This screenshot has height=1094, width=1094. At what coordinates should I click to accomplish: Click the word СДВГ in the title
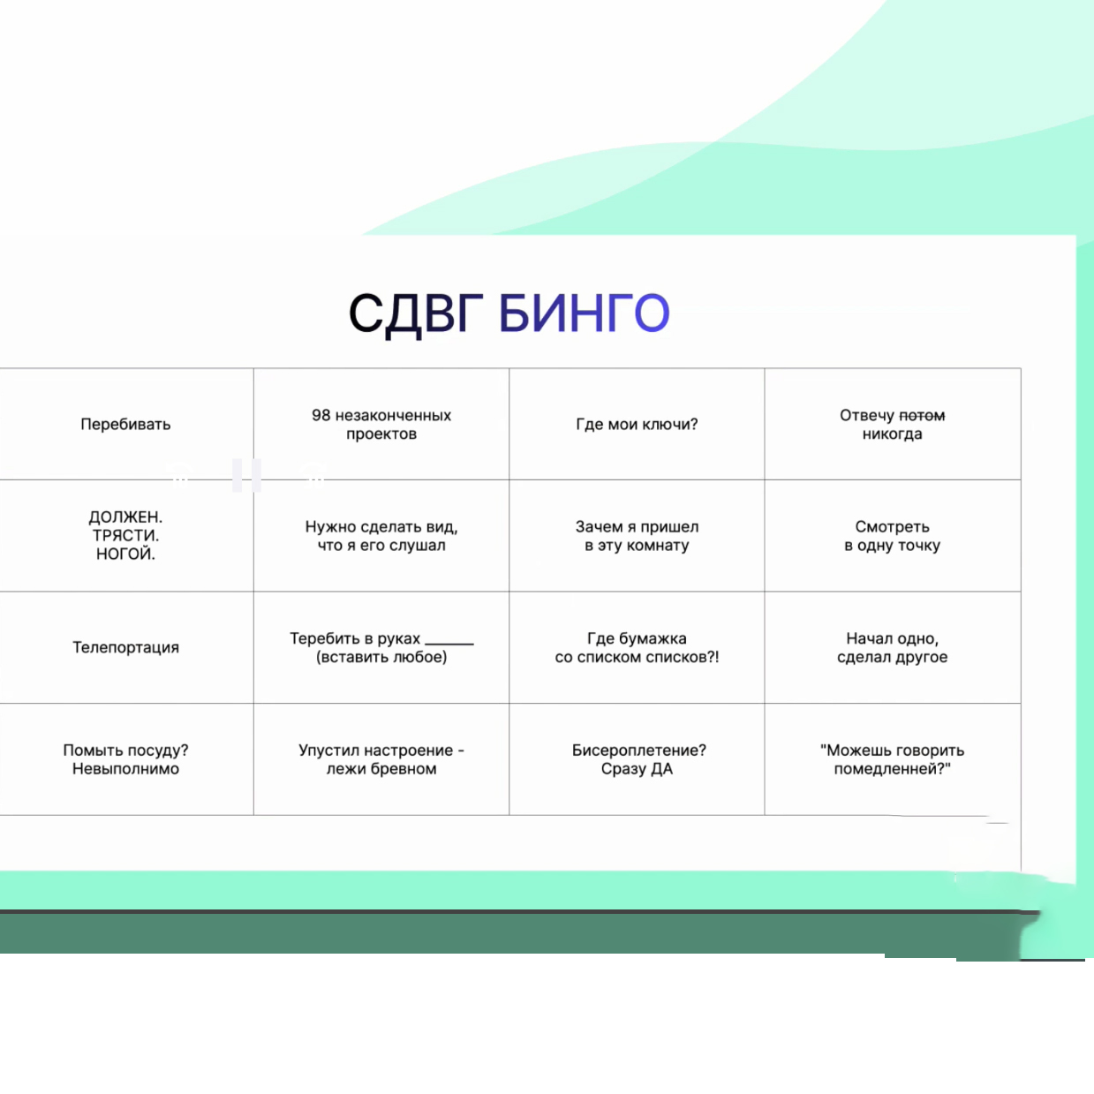tap(416, 314)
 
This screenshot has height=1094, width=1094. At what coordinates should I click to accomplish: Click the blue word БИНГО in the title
tap(585, 313)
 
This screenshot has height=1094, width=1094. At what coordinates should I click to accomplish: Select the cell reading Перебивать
tap(125, 424)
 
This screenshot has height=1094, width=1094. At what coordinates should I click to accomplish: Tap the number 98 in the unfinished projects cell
tap(321, 415)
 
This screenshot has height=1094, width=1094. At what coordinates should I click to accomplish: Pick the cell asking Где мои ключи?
tap(637, 424)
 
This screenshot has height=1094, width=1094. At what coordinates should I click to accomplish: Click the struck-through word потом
tap(922, 416)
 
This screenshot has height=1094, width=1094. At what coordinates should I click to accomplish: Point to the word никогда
tap(893, 434)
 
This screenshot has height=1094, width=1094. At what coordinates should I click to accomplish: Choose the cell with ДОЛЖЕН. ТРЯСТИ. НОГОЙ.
tap(125, 535)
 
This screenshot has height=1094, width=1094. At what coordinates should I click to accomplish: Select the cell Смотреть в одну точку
tap(893, 535)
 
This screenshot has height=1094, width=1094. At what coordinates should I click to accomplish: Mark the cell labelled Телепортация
tap(125, 647)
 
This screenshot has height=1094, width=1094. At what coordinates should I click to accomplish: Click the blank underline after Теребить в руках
tap(449, 644)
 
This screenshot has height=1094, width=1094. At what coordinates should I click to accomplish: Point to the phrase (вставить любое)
tap(381, 657)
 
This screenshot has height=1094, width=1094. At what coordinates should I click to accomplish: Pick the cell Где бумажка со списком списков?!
tap(637, 647)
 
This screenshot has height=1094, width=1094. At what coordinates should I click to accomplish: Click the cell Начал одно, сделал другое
tap(893, 647)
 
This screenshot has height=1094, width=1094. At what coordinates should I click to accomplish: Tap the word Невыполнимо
tap(125, 769)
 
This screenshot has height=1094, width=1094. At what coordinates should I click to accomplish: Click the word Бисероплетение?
tap(639, 751)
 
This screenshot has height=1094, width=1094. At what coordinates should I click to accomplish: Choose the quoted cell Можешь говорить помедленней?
tap(893, 759)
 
